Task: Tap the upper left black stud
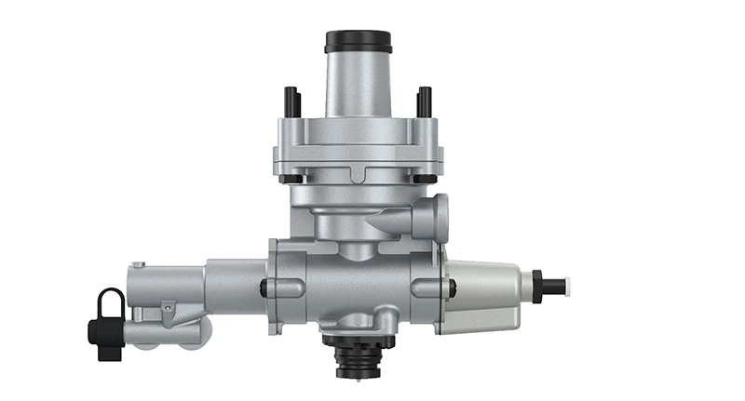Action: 290,100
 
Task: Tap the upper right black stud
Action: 425,100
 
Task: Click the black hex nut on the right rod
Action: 537,285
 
